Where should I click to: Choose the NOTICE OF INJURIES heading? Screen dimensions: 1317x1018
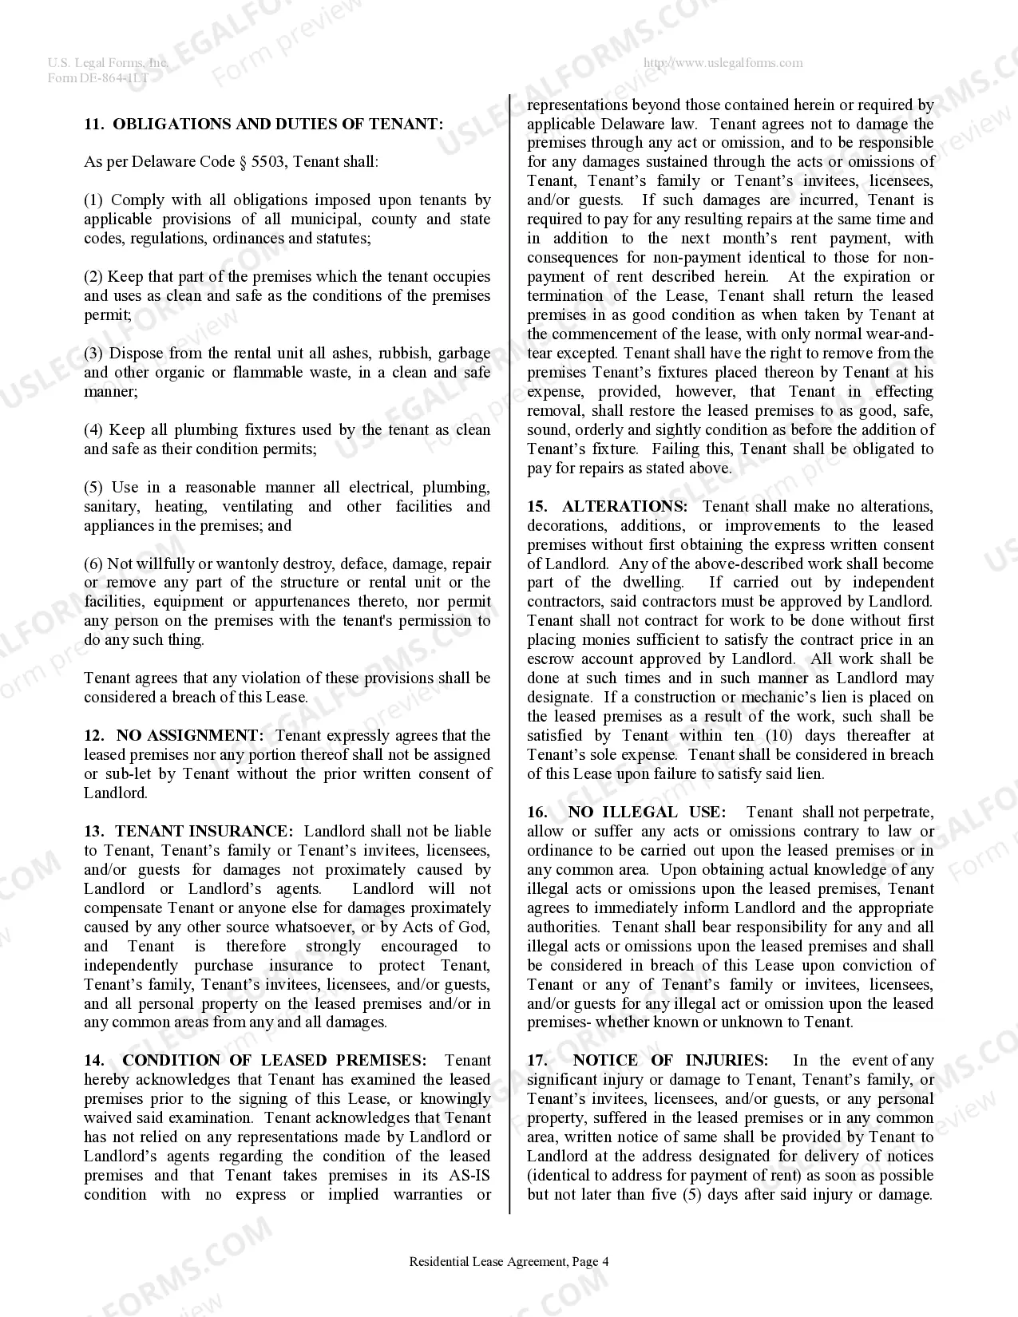click(670, 1060)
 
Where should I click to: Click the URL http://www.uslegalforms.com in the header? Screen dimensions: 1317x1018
click(723, 63)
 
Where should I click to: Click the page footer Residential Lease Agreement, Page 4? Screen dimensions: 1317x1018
click(509, 1262)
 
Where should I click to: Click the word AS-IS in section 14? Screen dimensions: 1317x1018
click(466, 1175)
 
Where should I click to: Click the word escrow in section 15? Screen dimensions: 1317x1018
click(550, 658)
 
